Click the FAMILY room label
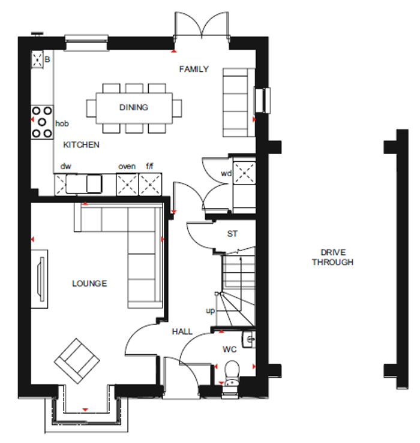point(194,69)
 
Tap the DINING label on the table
point(133,107)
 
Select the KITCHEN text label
point(82,144)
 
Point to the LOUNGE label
point(89,283)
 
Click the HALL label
point(182,331)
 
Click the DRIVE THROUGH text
point(332,257)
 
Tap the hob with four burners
point(41,122)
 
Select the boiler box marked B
point(40,59)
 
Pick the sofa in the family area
point(236,102)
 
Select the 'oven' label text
point(127,166)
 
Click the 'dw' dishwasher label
point(66,166)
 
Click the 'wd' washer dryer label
point(226,173)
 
